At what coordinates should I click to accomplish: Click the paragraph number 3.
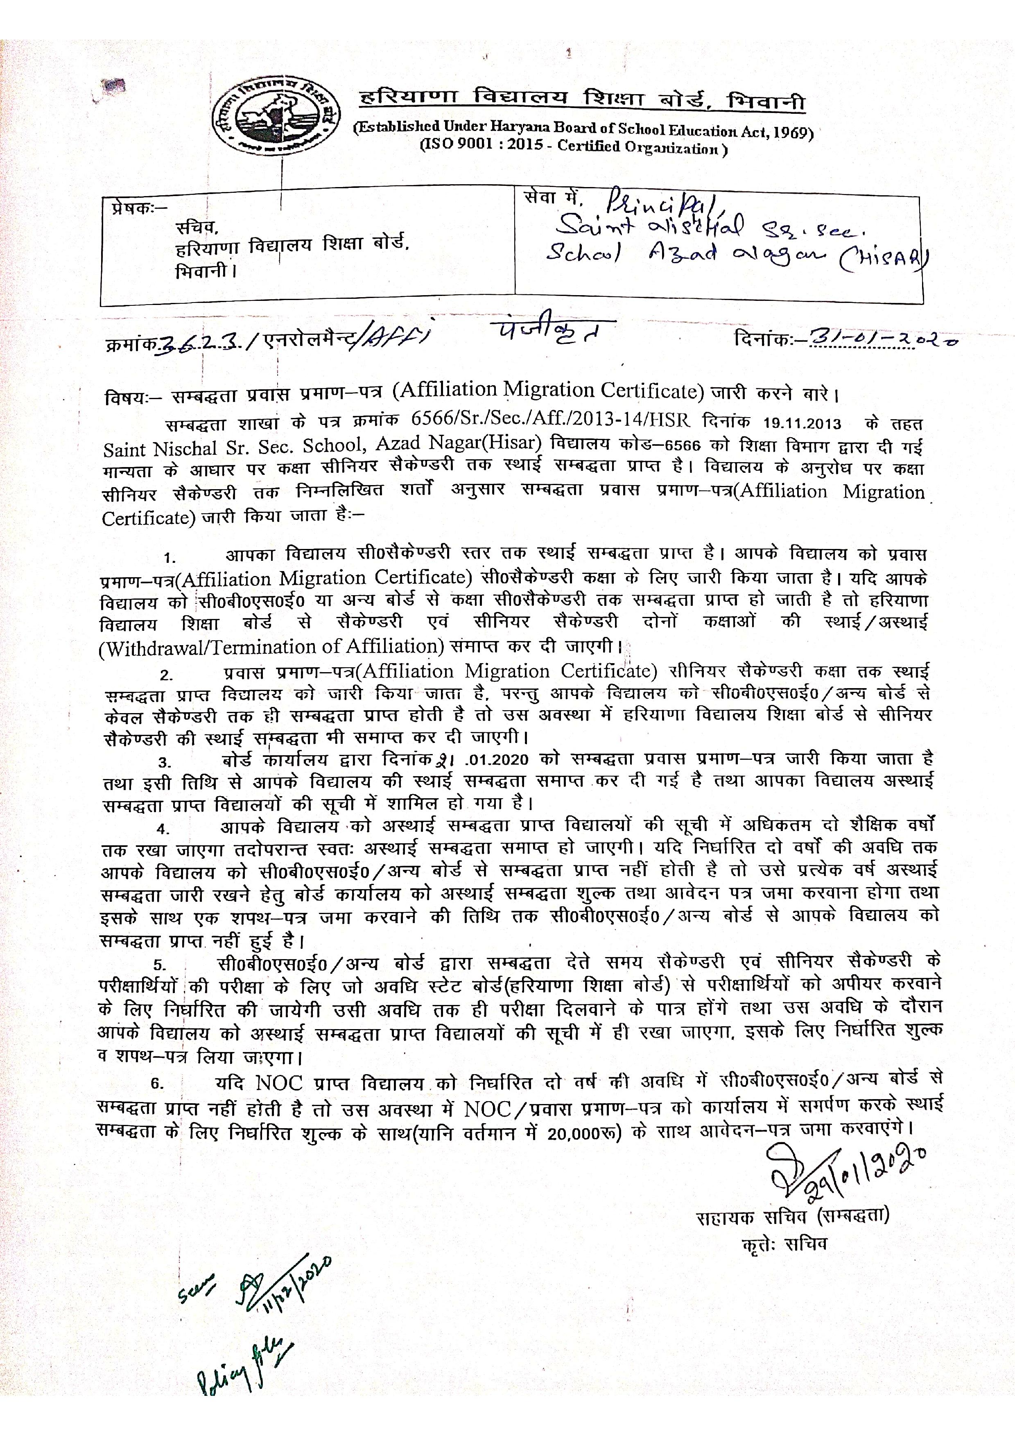click(165, 762)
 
